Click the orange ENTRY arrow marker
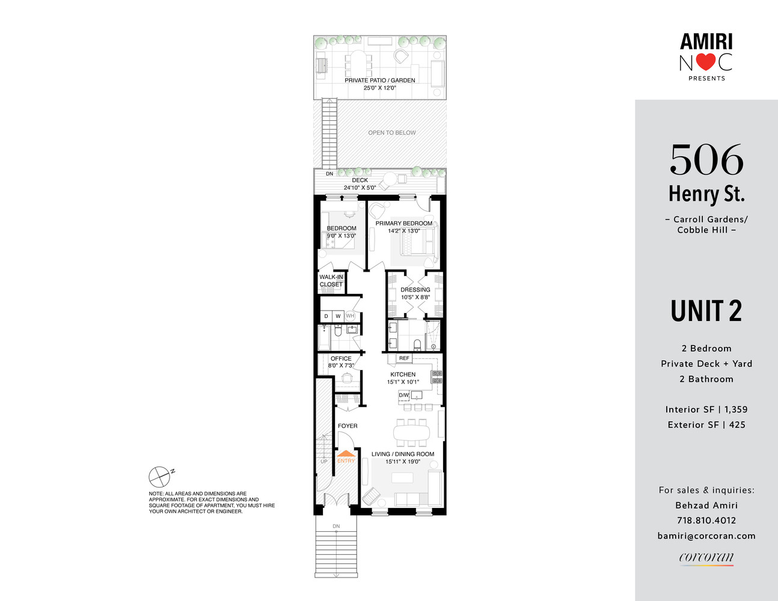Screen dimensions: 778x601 pyautogui.click(x=346, y=453)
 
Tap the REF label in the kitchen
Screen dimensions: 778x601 pyautogui.click(x=404, y=358)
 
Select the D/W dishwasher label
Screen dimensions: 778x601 pyautogui.click(x=403, y=395)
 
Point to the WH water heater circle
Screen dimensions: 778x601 pyautogui.click(x=350, y=316)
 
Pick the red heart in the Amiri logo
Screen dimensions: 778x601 pyautogui.click(x=706, y=62)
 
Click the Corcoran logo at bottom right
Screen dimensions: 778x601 pyautogui.click(x=706, y=557)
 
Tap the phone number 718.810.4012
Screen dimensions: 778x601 pyautogui.click(x=706, y=520)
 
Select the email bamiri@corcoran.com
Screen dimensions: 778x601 pyautogui.click(x=706, y=536)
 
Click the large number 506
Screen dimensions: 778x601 pyautogui.click(x=706, y=159)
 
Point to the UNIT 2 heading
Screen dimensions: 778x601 pyautogui.click(x=706, y=311)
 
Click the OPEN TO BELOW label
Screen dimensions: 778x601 pyautogui.click(x=392, y=133)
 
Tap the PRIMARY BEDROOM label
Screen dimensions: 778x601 pyautogui.click(x=404, y=223)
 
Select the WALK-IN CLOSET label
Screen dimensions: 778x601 pyautogui.click(x=331, y=281)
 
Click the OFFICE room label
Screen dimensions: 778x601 pyautogui.click(x=341, y=358)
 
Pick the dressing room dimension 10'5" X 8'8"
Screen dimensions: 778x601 pyautogui.click(x=415, y=297)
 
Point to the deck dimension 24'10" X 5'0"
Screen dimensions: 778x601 pyautogui.click(x=360, y=188)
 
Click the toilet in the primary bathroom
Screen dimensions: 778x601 pyautogui.click(x=417, y=344)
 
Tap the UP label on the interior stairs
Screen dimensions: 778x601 pyautogui.click(x=324, y=462)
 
